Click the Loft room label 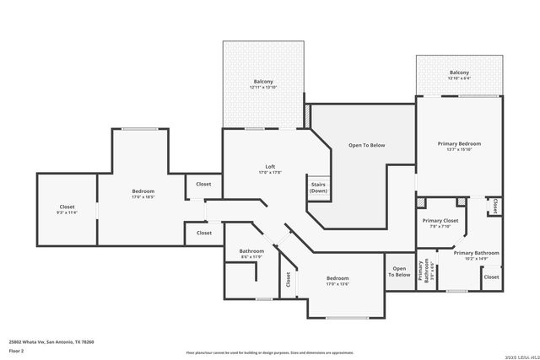tap(270, 166)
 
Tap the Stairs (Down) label tap(318, 187)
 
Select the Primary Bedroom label tap(458, 144)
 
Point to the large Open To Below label tap(366, 145)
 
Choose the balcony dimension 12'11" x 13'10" tap(263, 88)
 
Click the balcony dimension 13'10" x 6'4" tap(459, 78)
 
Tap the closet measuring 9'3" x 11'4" tap(67, 213)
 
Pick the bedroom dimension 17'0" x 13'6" tap(337, 284)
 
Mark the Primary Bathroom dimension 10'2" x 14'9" tap(476, 259)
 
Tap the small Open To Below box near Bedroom tap(399, 271)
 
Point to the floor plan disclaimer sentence tap(270, 352)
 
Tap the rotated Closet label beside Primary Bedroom tap(495, 205)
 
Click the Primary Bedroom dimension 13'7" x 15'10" tap(458, 150)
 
